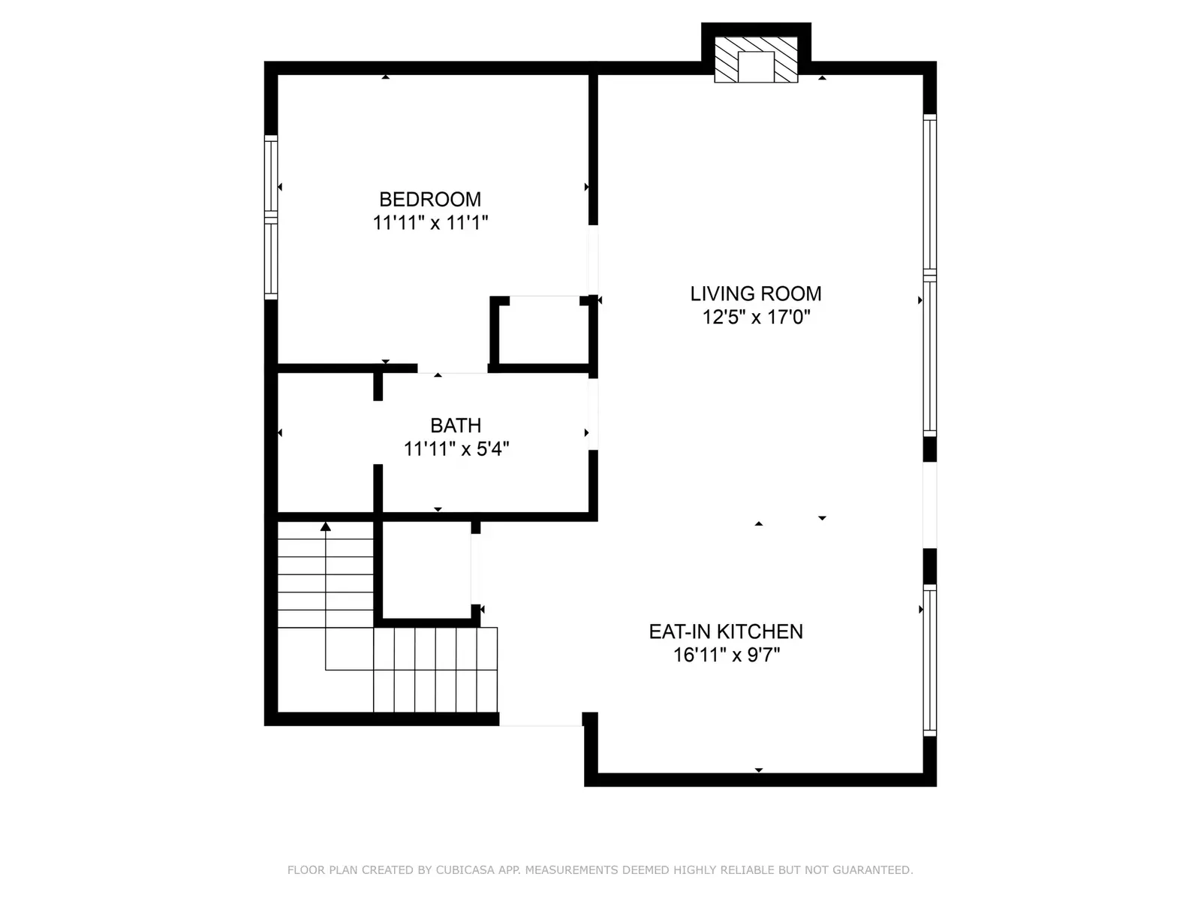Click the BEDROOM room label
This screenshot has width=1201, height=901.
tap(429, 199)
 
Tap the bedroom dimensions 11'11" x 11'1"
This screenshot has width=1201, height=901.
tap(430, 223)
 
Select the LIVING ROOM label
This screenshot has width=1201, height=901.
tap(755, 294)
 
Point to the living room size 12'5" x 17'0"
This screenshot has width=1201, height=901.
tap(756, 318)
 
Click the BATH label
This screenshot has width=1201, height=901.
tap(455, 425)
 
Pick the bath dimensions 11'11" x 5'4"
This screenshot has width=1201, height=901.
tap(456, 449)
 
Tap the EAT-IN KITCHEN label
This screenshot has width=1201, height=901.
tap(726, 631)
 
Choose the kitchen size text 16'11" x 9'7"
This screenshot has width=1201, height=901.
tap(726, 655)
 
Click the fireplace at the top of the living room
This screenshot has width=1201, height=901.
tap(756, 59)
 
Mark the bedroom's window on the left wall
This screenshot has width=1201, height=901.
tap(271, 217)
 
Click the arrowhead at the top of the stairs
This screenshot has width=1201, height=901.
tap(326, 526)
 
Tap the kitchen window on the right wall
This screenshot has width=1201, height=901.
tap(929, 660)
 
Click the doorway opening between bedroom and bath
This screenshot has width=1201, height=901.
tap(453, 369)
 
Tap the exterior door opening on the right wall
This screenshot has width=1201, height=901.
tap(929, 505)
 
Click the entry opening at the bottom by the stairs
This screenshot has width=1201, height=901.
tap(540, 719)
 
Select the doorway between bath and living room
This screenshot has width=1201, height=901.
tap(592, 414)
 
